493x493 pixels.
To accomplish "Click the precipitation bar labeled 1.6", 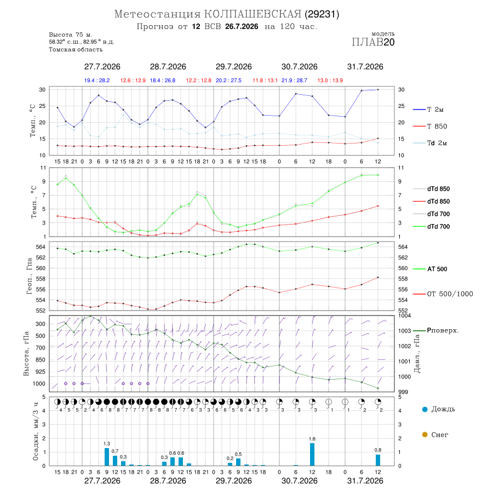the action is point(312,454).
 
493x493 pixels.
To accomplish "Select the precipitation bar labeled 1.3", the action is point(107,457).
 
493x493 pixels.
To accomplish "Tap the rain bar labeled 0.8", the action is point(378,460).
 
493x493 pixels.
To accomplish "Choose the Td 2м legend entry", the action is point(430,143).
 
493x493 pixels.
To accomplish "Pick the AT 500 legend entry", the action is point(430,269).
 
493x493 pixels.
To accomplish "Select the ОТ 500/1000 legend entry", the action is point(443,294).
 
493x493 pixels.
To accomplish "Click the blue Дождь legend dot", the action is point(425,409).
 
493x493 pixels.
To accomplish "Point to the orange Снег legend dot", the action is point(425,434).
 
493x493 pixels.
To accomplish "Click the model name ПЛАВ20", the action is point(373,42).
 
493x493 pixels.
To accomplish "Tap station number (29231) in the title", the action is point(322,14).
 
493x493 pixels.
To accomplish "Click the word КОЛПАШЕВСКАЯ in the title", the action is point(253,14).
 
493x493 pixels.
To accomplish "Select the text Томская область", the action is point(76,49).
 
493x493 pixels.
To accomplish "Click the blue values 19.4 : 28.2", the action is point(97,81).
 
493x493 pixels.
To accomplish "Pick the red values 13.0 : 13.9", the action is point(330,81).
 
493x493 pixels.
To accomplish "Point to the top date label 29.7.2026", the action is point(233,67).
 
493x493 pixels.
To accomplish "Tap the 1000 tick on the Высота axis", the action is point(39,383).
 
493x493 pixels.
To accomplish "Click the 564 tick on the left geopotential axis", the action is point(41,247).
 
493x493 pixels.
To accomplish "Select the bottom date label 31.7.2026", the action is point(365,481).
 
